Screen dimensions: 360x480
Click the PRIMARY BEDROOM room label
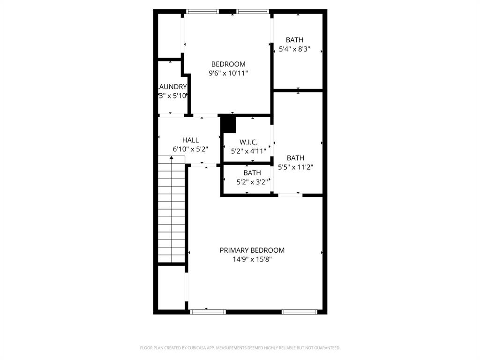252,250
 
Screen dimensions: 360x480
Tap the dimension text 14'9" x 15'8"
252,259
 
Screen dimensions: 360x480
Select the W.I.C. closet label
248,142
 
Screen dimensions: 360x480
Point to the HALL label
190,140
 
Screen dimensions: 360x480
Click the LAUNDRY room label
172,87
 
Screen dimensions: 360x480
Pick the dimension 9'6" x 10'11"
228,73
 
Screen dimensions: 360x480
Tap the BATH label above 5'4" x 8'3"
294,40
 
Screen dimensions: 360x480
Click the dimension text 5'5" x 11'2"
295,167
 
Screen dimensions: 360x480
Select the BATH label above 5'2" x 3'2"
252,173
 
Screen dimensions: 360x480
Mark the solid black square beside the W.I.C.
228,125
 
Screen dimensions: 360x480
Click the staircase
172,211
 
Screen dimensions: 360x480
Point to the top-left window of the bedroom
202,11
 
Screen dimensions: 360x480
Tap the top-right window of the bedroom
252,11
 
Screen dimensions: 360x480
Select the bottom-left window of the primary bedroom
208,311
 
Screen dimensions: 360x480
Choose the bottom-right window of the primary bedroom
299,311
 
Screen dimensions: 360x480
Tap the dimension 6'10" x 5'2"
190,149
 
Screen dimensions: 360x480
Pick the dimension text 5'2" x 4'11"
248,151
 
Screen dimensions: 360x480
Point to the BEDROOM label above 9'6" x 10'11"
228,64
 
